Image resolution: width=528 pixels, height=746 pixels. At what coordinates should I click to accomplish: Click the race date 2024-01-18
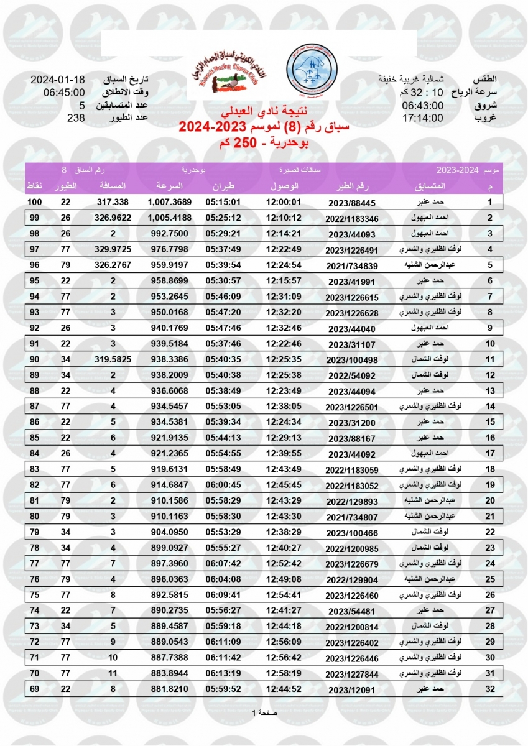pos(57,80)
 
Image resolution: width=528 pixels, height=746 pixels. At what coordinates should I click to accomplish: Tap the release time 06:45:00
pos(57,93)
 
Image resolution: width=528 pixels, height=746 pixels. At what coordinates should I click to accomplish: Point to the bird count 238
pos(75,118)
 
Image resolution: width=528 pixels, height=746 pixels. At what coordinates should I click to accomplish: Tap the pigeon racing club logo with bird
pos(225,70)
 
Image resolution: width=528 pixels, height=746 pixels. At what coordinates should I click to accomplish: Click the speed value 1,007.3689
pos(170,203)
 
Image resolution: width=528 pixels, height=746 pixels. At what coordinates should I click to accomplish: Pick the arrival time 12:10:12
pos(284,218)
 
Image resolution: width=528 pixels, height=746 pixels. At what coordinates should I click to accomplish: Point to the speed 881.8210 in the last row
pos(170,688)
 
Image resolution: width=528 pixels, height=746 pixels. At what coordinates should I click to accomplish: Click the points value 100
pos(34,203)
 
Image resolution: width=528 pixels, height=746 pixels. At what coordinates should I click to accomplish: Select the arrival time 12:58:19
pos(284,673)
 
